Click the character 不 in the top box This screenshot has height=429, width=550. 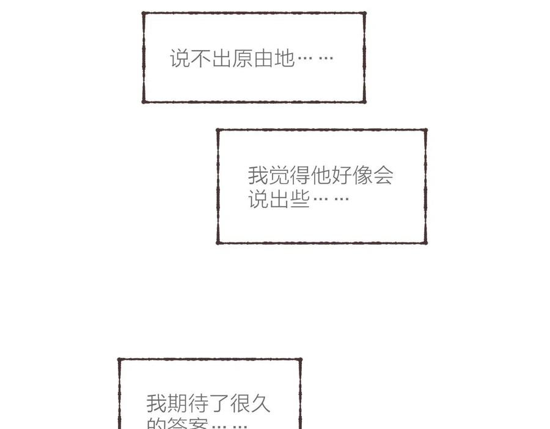pyautogui.click(x=201, y=59)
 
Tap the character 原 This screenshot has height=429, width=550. pyautogui.click(x=243, y=59)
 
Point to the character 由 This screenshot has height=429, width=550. pyautogui.click(x=263, y=59)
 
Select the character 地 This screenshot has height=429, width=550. pyautogui.click(x=284, y=59)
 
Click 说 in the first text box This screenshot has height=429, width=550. pyautogui.click(x=180, y=59)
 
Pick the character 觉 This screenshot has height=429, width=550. pyautogui.click(x=279, y=175)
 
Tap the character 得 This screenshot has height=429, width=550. pyautogui.click(x=299, y=175)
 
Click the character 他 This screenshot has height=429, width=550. pyautogui.click(x=320, y=175)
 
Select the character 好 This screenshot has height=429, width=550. pyautogui.click(x=341, y=175)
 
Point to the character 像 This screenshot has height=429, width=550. pyautogui.click(x=362, y=175)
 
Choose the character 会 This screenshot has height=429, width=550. pyautogui.click(x=383, y=175)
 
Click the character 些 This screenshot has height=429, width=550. pyautogui.click(x=299, y=199)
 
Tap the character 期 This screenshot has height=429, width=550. pyautogui.click(x=177, y=403)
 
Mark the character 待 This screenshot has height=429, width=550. pyautogui.click(x=198, y=403)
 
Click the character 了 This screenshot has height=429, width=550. pyautogui.click(x=219, y=403)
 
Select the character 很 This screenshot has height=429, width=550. pyautogui.click(x=240, y=403)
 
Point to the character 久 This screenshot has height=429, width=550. pyautogui.click(x=260, y=403)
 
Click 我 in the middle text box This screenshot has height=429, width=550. pyautogui.click(x=258, y=175)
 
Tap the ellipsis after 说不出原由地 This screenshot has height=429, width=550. pyautogui.click(x=315, y=59)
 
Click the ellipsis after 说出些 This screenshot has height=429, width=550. pyautogui.click(x=331, y=199)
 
